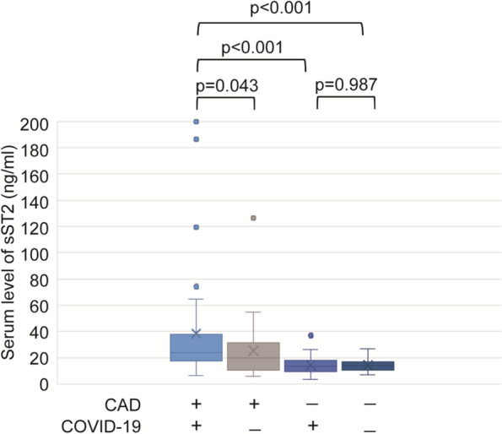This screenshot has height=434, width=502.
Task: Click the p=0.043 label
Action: (x=227, y=86)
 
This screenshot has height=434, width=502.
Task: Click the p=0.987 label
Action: (x=347, y=85)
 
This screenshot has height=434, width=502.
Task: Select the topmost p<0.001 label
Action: (x=281, y=8)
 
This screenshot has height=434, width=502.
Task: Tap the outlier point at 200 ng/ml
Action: (x=197, y=122)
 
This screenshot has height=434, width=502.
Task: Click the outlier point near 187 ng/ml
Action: (x=197, y=139)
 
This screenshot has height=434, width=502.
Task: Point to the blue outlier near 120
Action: (x=197, y=227)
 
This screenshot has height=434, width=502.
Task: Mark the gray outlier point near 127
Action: (x=253, y=218)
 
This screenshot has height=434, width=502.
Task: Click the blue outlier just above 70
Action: (x=197, y=286)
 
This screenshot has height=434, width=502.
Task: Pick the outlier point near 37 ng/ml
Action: (x=310, y=335)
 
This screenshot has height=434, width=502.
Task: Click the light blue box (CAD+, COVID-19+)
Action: (x=197, y=348)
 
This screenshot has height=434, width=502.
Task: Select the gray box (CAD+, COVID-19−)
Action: (x=253, y=356)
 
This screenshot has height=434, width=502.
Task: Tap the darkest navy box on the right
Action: (x=368, y=366)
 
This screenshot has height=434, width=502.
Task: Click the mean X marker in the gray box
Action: (x=253, y=350)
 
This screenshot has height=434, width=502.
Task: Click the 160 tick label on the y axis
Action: (x=35, y=176)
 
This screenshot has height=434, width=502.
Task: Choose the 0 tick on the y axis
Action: (x=44, y=385)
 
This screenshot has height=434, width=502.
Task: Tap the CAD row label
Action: (x=122, y=405)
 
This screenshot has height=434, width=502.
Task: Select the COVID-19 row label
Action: (x=101, y=426)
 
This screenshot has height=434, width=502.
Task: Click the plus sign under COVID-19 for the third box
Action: (x=313, y=426)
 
